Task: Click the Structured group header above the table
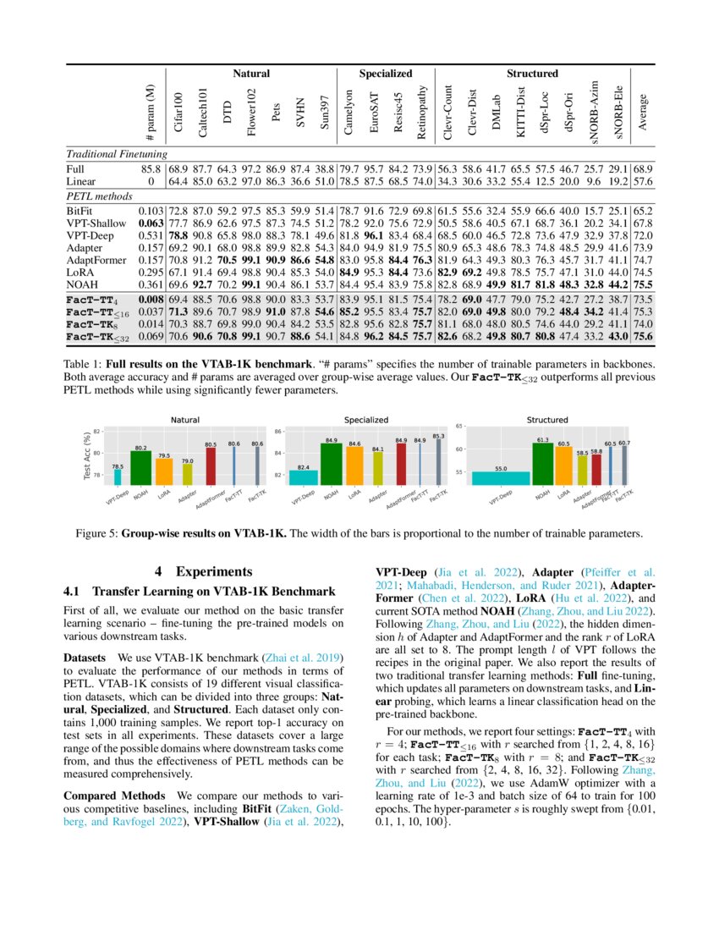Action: click(532, 74)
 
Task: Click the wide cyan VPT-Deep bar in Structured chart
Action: click(500, 478)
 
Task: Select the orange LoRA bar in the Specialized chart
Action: click(356, 466)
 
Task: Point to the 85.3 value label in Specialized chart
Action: click(437, 436)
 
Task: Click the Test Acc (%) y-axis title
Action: click(86, 458)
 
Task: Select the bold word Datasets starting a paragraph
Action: click(88, 657)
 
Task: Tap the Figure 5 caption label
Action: click(144, 533)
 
